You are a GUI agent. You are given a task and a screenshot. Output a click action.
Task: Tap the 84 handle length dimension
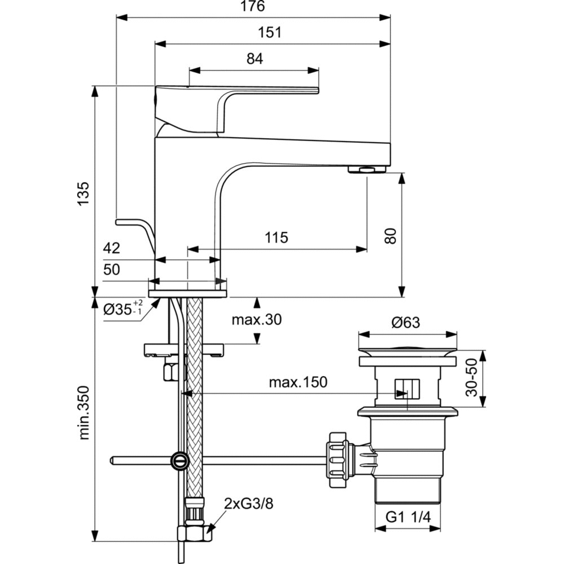pos(255,58)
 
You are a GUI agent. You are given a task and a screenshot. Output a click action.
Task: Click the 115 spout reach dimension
pos(276,237)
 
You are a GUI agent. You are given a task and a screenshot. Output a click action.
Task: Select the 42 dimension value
pos(112,248)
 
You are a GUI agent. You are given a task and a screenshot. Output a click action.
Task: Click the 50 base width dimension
pos(112,269)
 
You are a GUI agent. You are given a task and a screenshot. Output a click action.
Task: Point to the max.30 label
pos(257,320)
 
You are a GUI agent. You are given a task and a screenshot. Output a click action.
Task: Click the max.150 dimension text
pos(298,382)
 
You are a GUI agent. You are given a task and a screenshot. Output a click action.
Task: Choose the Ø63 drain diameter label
pos(407,323)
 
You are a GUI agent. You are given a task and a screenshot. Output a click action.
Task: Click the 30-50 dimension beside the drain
pos(473,378)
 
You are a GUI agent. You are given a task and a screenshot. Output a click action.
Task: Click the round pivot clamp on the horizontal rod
pos(179,460)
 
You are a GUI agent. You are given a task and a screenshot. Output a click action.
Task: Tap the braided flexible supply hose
pos(194,395)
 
